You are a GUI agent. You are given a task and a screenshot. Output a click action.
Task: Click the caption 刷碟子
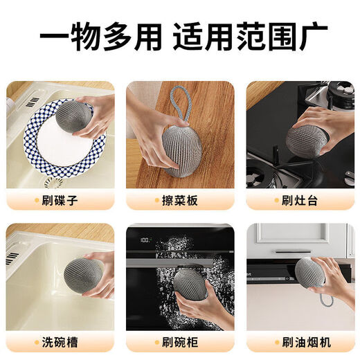tap(63, 201)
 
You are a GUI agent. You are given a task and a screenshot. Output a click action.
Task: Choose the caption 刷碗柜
tap(181, 341)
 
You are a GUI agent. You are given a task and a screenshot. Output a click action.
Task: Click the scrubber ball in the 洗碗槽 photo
tap(84, 274)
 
